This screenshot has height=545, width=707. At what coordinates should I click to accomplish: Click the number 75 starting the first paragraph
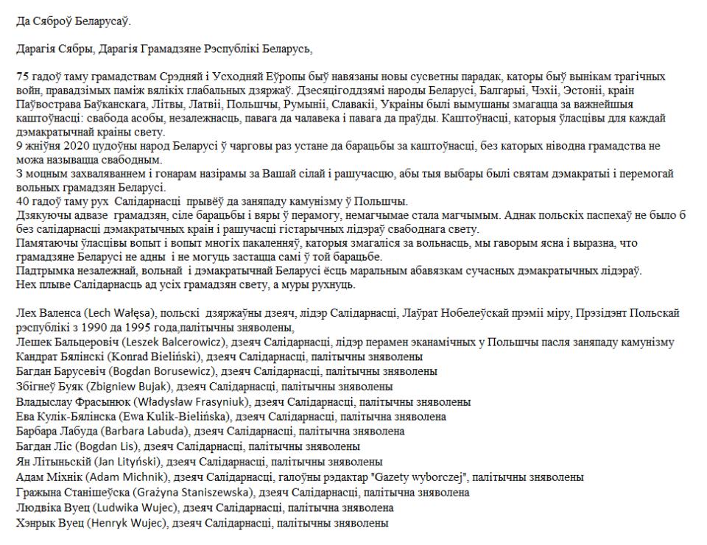21,76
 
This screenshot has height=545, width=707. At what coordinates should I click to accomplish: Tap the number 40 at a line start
21,203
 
